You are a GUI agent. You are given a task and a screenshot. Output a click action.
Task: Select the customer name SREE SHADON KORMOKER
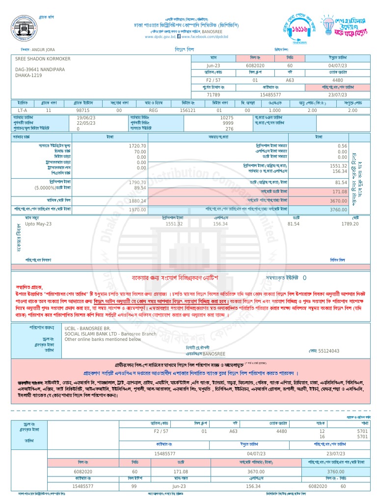tap(43, 59)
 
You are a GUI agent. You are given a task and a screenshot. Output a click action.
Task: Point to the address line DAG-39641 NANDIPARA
tap(40, 70)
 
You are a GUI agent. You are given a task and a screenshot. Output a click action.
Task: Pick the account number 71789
tap(213, 94)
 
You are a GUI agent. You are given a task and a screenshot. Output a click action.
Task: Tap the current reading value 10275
tap(227, 118)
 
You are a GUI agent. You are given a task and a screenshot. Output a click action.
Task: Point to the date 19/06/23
tap(86, 118)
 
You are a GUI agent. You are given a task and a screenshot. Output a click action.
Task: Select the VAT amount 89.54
tap(140, 188)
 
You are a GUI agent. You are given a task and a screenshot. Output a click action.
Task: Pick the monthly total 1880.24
tap(137, 200)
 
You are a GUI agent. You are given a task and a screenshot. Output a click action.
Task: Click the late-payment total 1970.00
tap(137, 210)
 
